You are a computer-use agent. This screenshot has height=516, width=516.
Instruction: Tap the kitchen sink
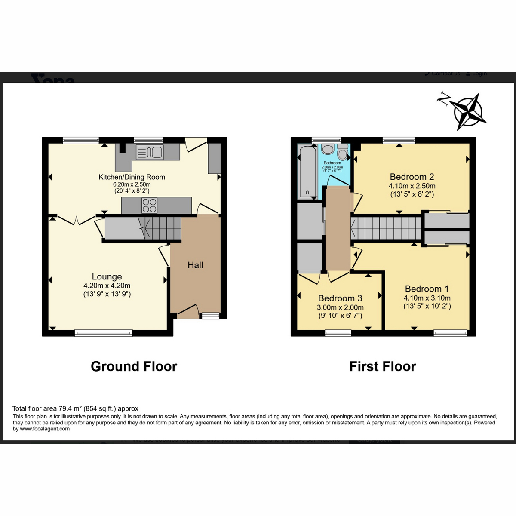click(x=149, y=152)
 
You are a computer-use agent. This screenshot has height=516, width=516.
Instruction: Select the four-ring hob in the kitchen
click(x=150, y=206)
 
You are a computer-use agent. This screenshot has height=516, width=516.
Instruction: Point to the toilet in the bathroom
click(x=343, y=152)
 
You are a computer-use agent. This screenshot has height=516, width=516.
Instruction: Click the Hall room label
click(x=195, y=265)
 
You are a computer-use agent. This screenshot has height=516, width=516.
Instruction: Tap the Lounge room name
click(x=107, y=276)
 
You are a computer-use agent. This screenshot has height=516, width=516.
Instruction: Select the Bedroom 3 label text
click(x=340, y=298)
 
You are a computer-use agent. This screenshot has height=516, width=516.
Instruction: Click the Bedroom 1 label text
click(x=427, y=289)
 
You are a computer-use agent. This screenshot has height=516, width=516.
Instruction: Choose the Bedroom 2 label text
click(x=412, y=177)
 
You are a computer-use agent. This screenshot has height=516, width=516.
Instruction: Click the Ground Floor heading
click(x=134, y=366)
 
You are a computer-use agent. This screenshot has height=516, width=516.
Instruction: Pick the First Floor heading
click(x=382, y=366)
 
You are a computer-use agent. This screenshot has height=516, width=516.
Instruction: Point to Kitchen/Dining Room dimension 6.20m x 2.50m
click(x=132, y=184)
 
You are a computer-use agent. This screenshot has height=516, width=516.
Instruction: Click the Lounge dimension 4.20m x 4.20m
click(x=107, y=286)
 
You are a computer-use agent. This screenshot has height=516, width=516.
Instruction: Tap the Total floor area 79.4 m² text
click(x=75, y=408)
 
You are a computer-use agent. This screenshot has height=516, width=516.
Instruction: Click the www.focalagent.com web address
click(x=45, y=429)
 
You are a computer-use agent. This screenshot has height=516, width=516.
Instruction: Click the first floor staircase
click(x=386, y=228)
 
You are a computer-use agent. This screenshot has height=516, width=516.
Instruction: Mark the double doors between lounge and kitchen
click(x=76, y=220)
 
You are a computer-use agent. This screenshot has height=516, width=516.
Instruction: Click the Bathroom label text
click(x=332, y=163)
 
